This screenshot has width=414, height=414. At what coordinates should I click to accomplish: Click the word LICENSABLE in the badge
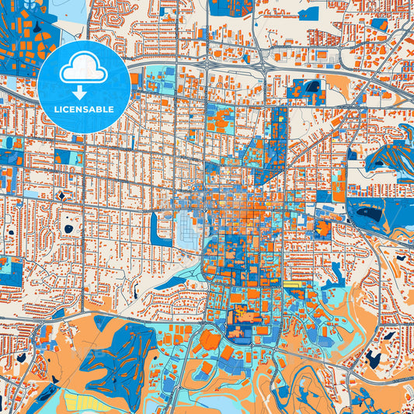point(84,110)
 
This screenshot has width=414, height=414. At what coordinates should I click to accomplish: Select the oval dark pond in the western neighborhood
point(68,228)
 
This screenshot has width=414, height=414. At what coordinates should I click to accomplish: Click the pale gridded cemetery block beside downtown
point(190,229)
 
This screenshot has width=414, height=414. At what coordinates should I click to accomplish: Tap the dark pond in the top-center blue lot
point(314,85)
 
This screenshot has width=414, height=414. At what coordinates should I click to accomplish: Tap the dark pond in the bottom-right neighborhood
point(374,359)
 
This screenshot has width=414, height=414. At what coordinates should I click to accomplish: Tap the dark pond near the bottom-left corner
point(20,357)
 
